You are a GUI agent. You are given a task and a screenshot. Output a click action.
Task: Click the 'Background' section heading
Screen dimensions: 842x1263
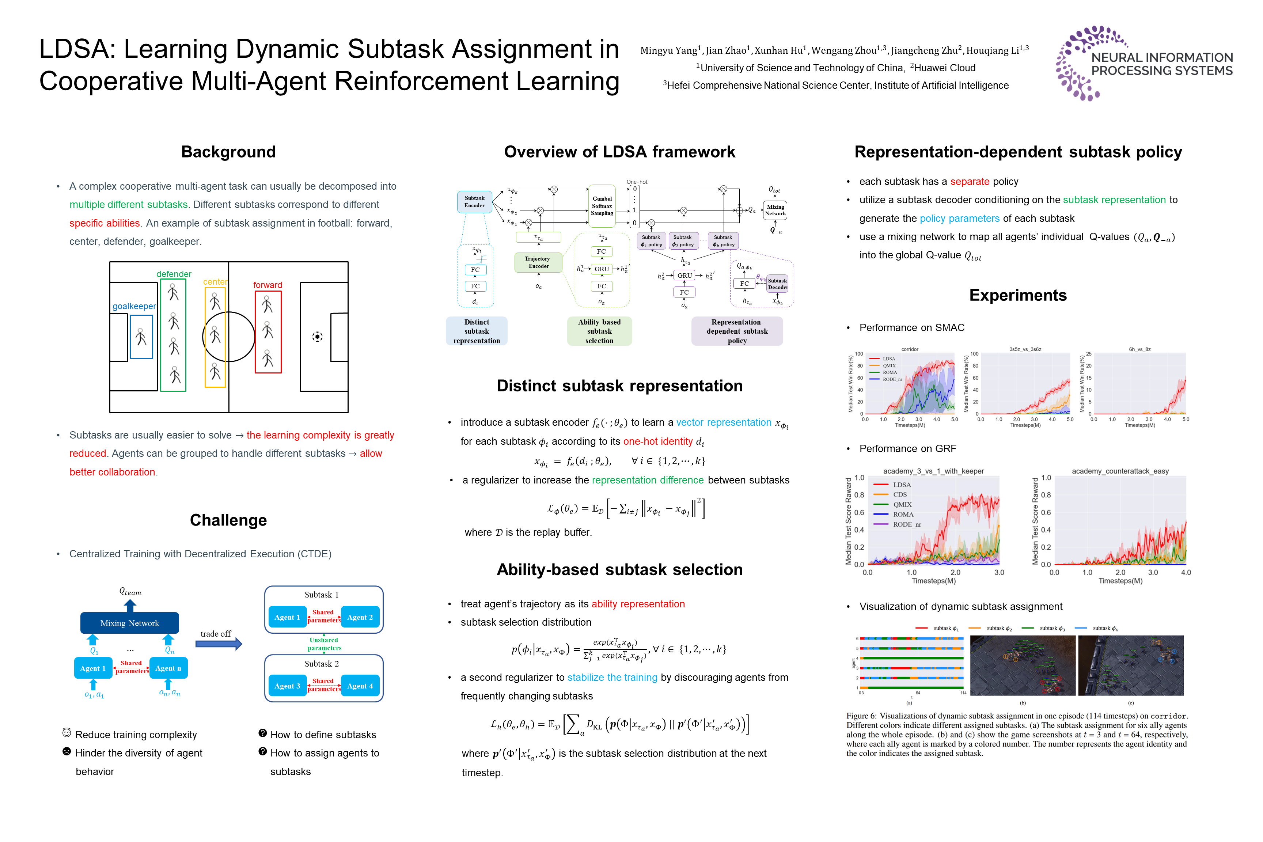pyautogui.click(x=228, y=152)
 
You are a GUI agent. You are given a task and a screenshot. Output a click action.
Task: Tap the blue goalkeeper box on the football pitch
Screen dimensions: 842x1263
pyautogui.click(x=141, y=337)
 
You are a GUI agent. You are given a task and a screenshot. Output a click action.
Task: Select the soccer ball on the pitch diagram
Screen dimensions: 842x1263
pyautogui.click(x=317, y=337)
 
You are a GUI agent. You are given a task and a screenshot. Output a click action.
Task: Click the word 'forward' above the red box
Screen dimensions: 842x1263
pyautogui.click(x=268, y=285)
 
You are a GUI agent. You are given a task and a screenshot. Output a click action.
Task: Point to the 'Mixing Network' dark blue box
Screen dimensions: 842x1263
pyautogui.click(x=129, y=623)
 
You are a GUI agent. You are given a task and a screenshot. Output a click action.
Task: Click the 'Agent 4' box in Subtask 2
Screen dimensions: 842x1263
pyautogui.click(x=360, y=686)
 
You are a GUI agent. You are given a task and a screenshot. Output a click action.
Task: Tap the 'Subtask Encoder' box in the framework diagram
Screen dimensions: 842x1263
pyautogui.click(x=474, y=202)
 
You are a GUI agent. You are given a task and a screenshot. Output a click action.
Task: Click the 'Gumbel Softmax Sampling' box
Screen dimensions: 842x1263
pyautogui.click(x=602, y=206)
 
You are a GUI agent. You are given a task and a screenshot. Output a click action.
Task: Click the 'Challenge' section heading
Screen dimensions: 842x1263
pyautogui.click(x=228, y=520)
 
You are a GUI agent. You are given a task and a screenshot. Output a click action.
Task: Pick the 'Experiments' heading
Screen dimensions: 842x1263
pyautogui.click(x=1017, y=295)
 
